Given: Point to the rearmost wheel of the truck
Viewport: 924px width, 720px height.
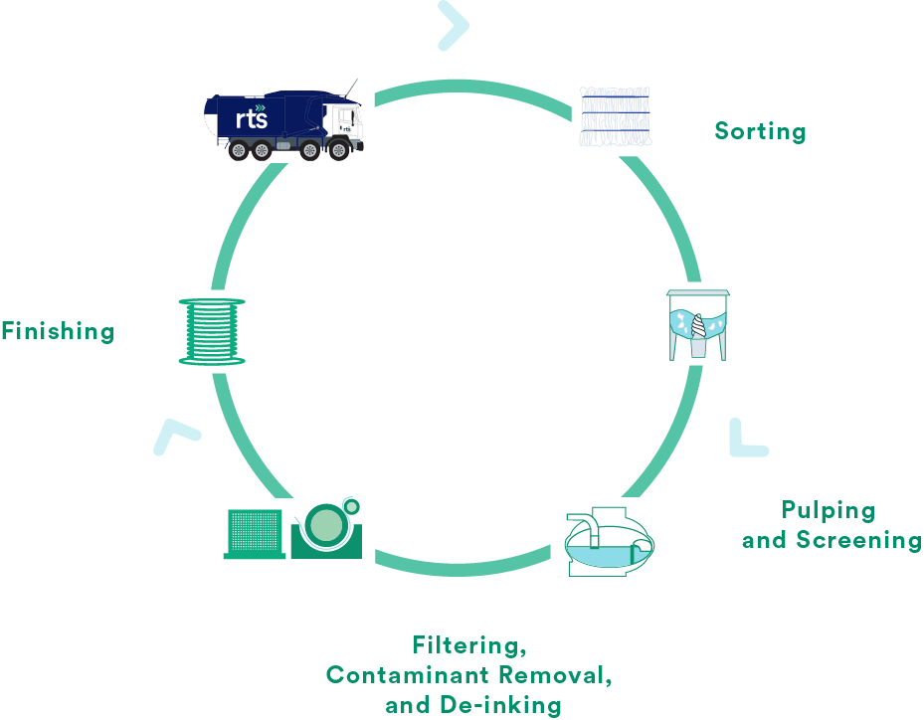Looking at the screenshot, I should point(237,151).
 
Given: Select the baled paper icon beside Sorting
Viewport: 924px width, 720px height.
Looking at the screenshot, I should point(615,117).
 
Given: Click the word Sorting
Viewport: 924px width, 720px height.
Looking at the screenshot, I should point(760,131).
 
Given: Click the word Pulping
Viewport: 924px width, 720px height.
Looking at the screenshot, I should point(828,511).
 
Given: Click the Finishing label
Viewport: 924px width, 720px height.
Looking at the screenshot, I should point(58,331).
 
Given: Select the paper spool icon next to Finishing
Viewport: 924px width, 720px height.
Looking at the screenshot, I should point(212,331).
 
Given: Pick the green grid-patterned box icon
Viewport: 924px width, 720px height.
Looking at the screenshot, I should point(254,533).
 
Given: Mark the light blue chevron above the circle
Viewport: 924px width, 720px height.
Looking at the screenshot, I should point(453,25).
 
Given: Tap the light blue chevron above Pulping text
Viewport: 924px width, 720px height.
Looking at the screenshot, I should point(747,439).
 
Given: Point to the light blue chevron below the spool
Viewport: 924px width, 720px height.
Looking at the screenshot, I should point(176,437).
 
